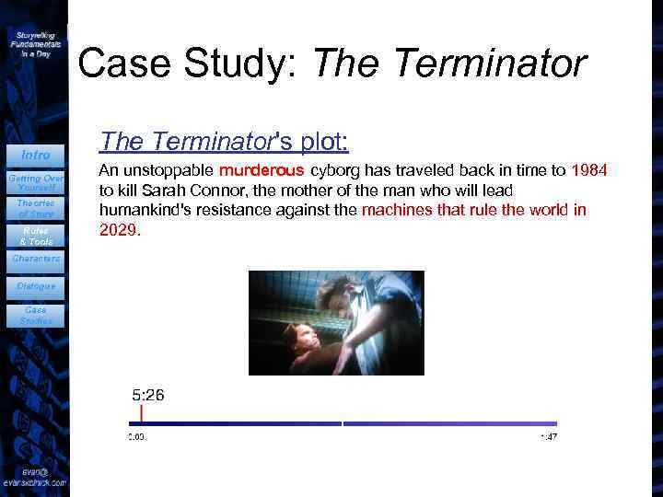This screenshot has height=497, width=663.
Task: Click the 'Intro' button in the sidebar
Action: coord(35,154)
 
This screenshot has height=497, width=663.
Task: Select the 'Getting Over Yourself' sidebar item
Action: coord(35,182)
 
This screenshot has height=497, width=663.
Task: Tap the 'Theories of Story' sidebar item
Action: coord(35,208)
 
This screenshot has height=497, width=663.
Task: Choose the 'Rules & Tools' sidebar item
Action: coord(35,236)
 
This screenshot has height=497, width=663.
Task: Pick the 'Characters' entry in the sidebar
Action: coord(35,259)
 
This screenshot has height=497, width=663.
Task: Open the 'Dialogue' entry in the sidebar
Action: coord(35,286)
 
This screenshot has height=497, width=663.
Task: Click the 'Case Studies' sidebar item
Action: coord(35,316)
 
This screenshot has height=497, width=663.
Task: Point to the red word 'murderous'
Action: coord(262,170)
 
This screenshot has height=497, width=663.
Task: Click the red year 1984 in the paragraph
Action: coord(589,170)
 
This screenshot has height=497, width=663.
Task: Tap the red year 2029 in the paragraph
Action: coord(119,230)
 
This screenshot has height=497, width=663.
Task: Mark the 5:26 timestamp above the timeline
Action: coord(148,395)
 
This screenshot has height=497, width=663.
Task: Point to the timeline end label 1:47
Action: coord(548,436)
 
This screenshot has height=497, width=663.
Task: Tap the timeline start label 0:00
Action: coord(136,436)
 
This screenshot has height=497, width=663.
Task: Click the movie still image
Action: coord(336,322)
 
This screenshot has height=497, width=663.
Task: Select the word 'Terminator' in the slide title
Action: coord(495,64)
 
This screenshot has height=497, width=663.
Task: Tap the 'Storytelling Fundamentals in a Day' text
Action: coord(35,43)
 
